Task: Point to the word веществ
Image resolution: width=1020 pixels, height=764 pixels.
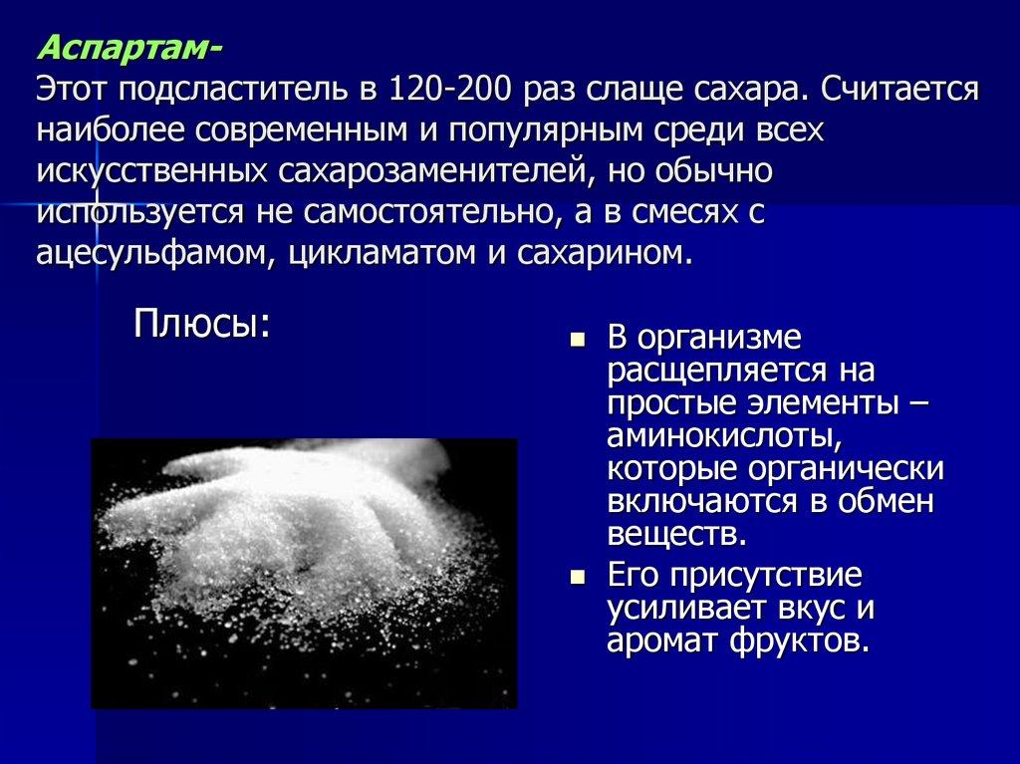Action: tap(675, 535)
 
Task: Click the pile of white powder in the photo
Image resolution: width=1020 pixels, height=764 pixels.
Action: tap(299, 538)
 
